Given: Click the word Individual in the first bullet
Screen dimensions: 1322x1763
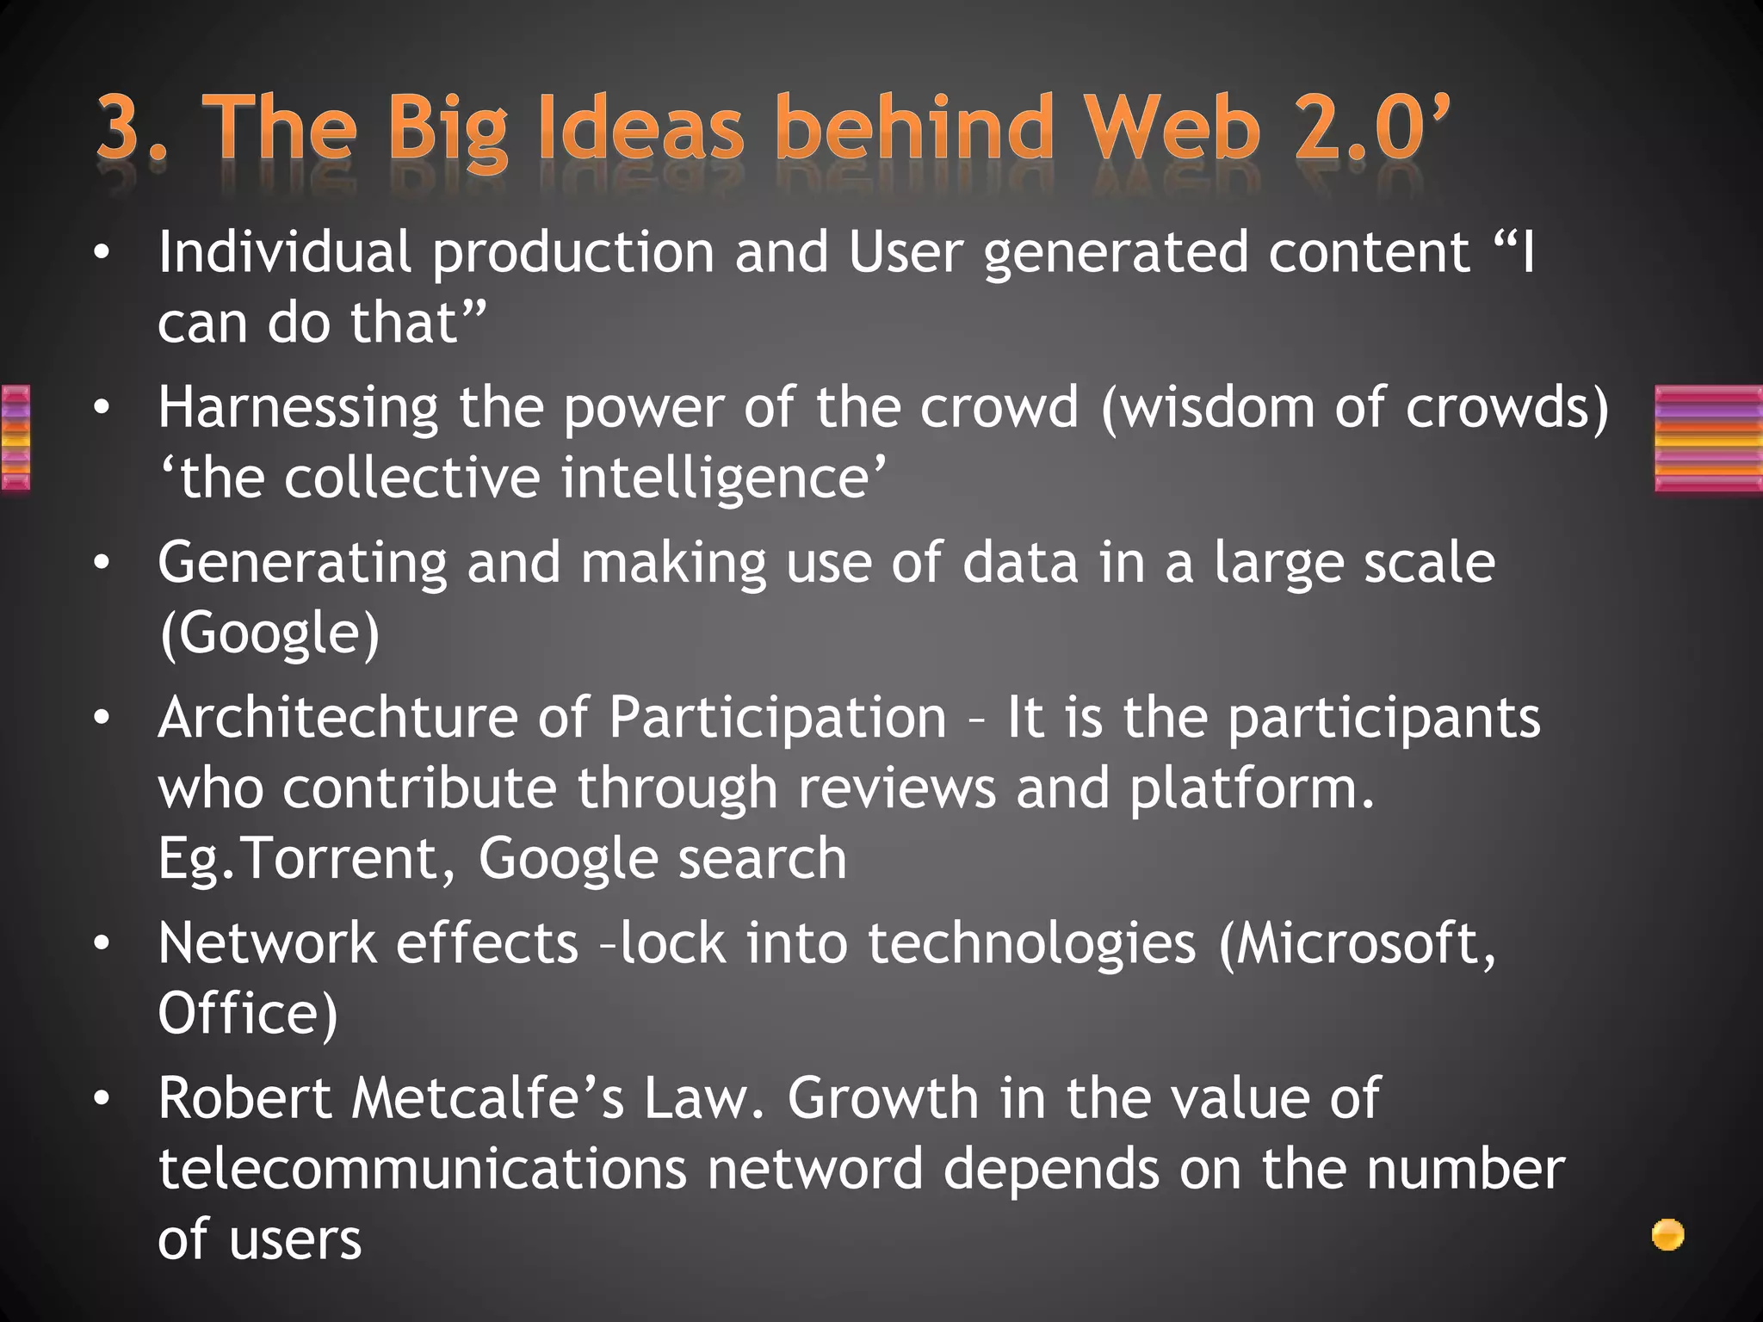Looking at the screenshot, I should [x=284, y=253].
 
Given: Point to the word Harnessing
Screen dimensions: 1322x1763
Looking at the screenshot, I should [x=297, y=410].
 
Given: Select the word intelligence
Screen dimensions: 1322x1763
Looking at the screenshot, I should [x=723, y=479].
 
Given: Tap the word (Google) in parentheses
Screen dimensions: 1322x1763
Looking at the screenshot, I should [x=269, y=634].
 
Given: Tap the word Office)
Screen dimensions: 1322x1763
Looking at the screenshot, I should [x=248, y=1014].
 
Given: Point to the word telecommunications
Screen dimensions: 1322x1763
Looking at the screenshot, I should [x=422, y=1170].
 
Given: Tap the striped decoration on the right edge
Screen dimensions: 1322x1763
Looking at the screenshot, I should [x=1708, y=439].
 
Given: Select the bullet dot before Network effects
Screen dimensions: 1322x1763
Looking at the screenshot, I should [x=102, y=944].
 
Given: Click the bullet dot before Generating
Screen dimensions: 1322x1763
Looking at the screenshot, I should [x=102, y=564].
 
